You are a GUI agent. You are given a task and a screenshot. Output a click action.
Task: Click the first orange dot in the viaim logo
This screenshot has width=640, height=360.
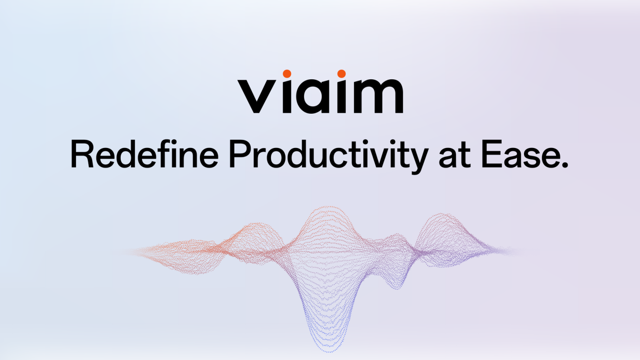(x=287, y=74)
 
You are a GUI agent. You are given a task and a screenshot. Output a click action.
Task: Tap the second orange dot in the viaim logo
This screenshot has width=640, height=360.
(x=342, y=74)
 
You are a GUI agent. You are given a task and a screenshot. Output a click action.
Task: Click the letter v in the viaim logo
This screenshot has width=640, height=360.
(x=256, y=96)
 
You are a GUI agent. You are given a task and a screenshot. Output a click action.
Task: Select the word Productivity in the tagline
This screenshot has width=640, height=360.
(x=328, y=155)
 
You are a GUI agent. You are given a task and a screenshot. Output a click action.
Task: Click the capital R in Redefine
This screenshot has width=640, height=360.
(x=80, y=154)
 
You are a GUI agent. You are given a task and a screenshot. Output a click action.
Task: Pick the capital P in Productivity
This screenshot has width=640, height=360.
(x=238, y=154)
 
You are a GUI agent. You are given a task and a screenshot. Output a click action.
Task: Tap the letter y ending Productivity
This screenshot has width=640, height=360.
(x=418, y=159)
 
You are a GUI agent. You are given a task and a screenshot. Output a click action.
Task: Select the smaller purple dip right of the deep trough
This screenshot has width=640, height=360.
(x=395, y=286)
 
